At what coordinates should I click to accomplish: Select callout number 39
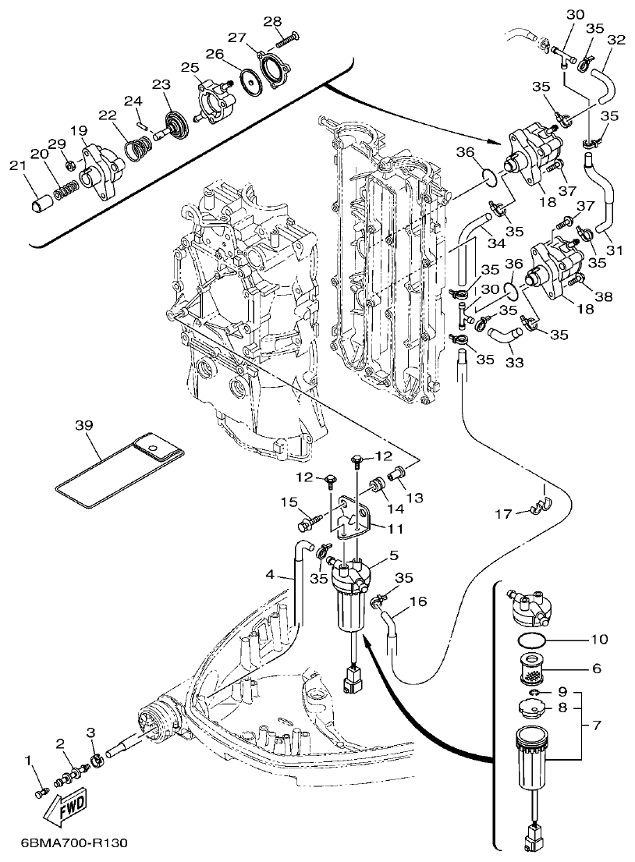pyautogui.click(x=83, y=425)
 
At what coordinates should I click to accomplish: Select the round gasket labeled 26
pyautogui.click(x=250, y=82)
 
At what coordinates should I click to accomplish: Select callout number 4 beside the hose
pyautogui.click(x=270, y=575)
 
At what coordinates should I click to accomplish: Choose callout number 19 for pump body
pyautogui.click(x=78, y=130)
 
